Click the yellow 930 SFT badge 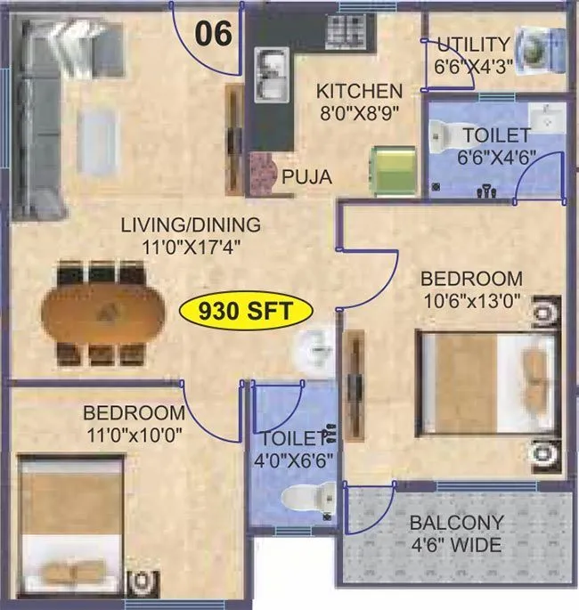pos(246,312)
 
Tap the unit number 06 pos(214,34)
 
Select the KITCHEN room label pos(360,91)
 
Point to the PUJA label pos(306,177)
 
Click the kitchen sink pos(269,75)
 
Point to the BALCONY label pos(456,523)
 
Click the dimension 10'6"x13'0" pos(471,299)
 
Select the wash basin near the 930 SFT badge pos(316,351)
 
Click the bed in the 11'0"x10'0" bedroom pos(73,525)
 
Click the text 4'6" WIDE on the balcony pos(456,544)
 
